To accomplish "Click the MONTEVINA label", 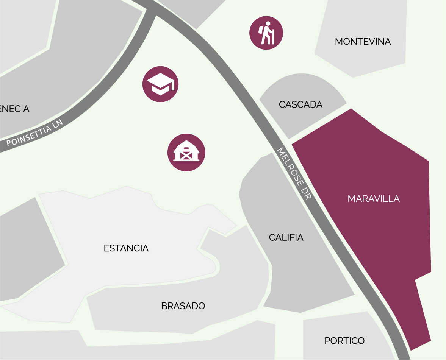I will [363, 42].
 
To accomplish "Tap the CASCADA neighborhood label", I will [300, 104].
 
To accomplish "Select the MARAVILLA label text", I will [374, 199].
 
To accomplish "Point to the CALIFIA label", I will [286, 238].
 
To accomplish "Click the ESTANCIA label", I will [126, 248].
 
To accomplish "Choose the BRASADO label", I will [183, 306].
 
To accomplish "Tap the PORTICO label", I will [344, 341].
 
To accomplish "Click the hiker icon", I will [266, 33].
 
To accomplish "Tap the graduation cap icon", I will [160, 84].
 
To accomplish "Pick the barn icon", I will [186, 153].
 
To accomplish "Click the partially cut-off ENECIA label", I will [15, 109].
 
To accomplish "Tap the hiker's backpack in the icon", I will [262, 30].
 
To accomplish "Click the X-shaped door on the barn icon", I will [186, 156].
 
